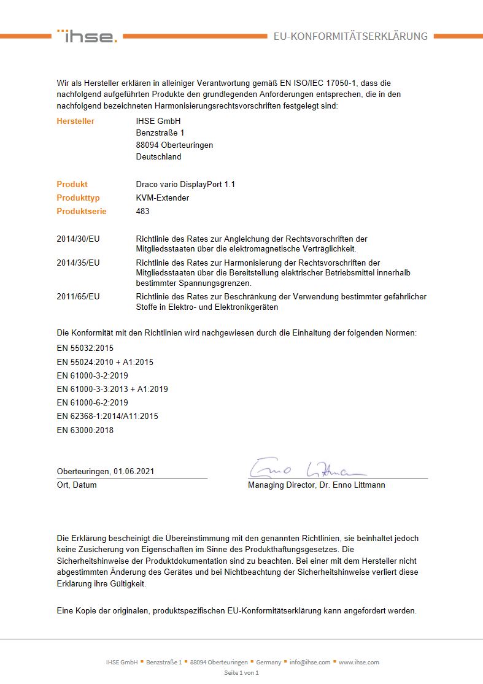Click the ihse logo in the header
(87, 36)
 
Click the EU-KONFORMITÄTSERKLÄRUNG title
(350, 36)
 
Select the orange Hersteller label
(75, 121)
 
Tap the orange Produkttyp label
(78, 198)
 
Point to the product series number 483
(142, 211)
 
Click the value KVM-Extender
(162, 198)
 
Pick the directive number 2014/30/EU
(78, 239)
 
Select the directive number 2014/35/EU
(78, 263)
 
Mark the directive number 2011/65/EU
(78, 296)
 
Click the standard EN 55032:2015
(85, 348)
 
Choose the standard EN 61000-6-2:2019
(92, 402)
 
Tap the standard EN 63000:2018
(85, 430)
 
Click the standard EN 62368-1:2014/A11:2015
(107, 416)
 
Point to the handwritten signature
(307, 468)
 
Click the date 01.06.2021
(134, 472)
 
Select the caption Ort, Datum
(77, 485)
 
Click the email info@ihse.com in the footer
(310, 662)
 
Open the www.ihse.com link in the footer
(359, 662)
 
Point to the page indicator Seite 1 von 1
(241, 672)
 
